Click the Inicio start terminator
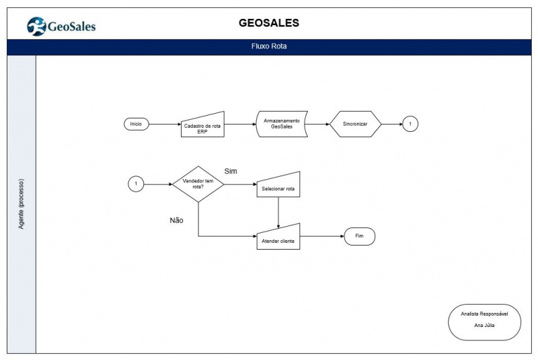[x=137, y=124]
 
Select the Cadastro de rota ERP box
[x=202, y=126]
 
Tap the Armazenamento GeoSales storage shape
[x=282, y=124]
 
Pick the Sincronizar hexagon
[x=355, y=124]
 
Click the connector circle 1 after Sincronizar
[x=410, y=124]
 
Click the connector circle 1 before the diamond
[x=136, y=184]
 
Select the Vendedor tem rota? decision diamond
[x=198, y=184]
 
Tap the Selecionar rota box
[x=278, y=186]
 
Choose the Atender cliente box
[x=278, y=238]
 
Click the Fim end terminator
[x=359, y=236]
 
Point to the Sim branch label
[x=231, y=171]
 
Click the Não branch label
[x=176, y=220]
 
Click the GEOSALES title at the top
[x=269, y=23]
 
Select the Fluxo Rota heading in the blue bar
[x=269, y=46]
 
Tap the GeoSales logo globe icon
[x=36, y=26]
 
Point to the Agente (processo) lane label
[x=22, y=204]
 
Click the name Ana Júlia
[x=484, y=325]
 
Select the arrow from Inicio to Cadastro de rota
[x=165, y=124]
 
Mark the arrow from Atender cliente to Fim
[x=322, y=236]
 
